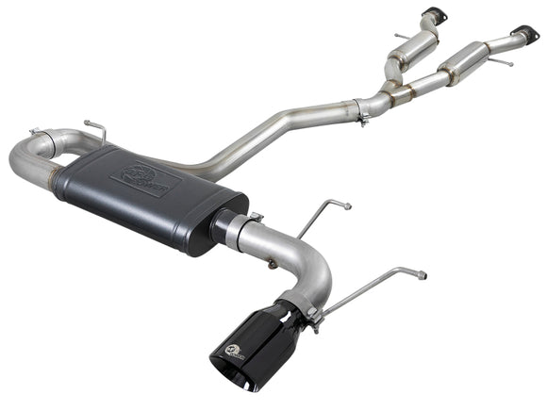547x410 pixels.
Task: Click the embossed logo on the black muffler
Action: (140, 178)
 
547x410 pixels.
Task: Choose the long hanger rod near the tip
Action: (373, 283)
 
